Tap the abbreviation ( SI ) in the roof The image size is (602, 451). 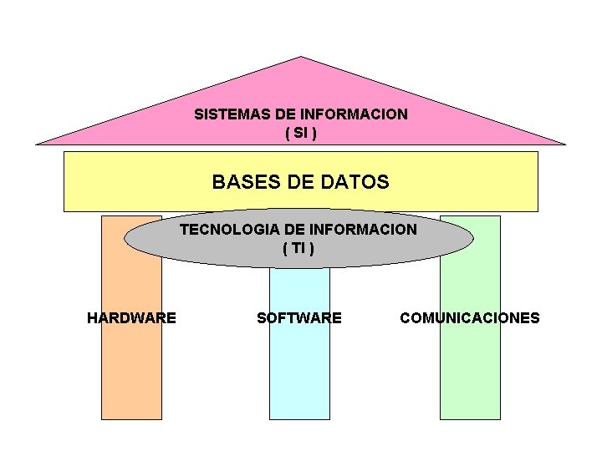click(301, 133)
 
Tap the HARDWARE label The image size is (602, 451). click(131, 317)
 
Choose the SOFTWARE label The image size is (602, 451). click(298, 317)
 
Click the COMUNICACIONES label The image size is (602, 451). click(470, 317)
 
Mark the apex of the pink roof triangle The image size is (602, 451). click(301, 58)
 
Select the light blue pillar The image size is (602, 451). click(298, 376)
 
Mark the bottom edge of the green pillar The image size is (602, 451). click(470, 418)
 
